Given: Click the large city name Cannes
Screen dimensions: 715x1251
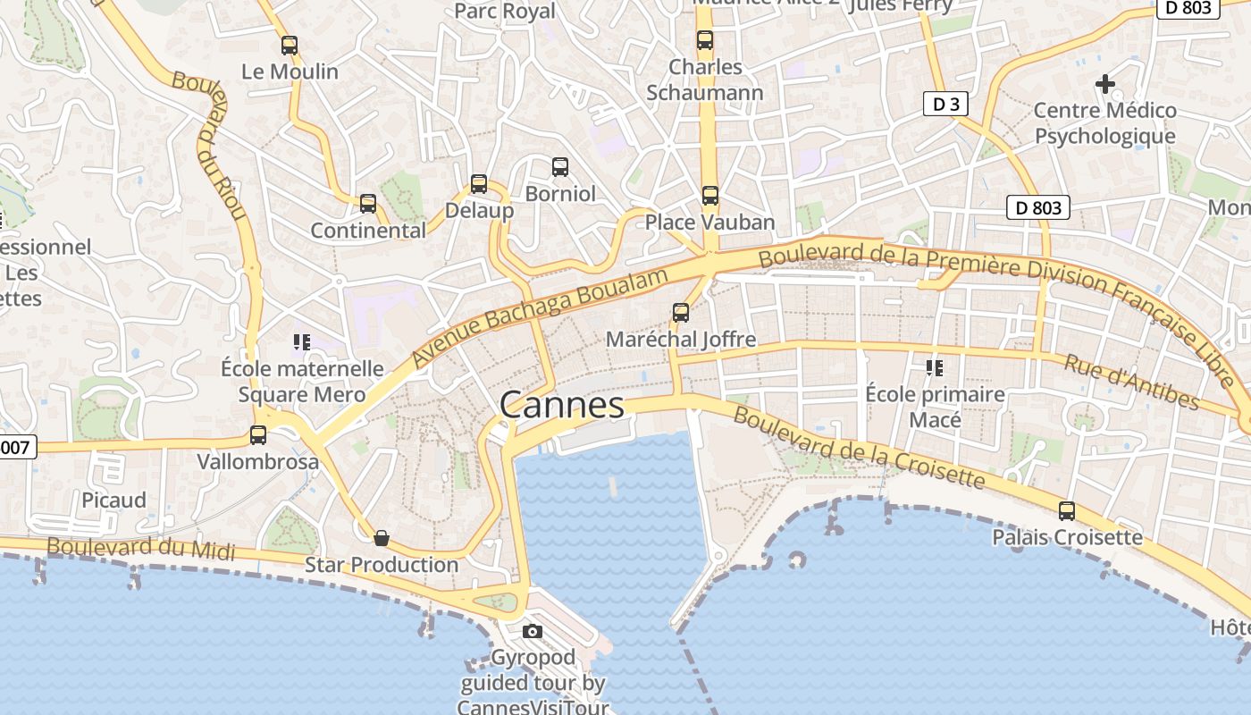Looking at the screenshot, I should point(562,406).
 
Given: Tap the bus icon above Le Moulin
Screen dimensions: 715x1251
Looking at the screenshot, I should point(290,46).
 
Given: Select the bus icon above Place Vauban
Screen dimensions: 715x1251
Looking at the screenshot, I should point(710,196).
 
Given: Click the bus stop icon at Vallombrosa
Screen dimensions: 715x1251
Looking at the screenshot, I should point(258,435).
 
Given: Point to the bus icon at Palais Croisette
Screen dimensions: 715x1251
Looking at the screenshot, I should point(1067,511).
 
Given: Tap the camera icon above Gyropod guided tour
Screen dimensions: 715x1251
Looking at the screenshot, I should point(533,632).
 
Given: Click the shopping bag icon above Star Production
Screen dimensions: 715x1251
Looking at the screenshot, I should point(382,538).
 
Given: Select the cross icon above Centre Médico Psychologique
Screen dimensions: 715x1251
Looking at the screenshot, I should point(1105,85).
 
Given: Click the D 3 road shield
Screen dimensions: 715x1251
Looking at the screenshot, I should point(945,105).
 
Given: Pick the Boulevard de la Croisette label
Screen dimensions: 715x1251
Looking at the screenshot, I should point(859,449).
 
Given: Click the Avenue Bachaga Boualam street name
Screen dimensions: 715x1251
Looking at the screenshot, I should point(541,317).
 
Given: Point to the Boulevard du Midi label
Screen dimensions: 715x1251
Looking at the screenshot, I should point(141,548).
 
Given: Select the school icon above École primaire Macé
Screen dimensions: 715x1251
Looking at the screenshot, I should point(935,367).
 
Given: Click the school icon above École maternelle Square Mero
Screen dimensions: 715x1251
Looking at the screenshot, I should point(302,341).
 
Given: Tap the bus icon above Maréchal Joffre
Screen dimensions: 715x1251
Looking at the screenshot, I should point(681,313).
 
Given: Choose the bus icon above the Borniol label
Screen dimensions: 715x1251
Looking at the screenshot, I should point(560,167).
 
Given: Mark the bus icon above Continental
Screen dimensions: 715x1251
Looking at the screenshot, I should point(368,204).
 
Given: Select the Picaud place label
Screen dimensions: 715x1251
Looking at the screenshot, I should point(113,500).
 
